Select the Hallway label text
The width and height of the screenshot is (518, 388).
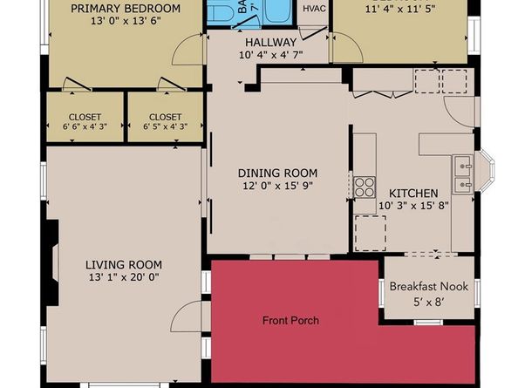point(269,41)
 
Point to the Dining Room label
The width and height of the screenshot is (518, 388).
point(277,173)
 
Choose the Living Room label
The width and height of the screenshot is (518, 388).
point(123,265)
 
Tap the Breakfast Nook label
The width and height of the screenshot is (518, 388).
point(429,286)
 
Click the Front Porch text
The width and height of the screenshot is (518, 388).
point(290,321)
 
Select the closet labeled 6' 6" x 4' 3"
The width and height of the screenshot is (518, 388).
point(85,122)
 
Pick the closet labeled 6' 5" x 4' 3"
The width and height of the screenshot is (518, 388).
point(165,122)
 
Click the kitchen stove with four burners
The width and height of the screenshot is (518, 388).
point(364,187)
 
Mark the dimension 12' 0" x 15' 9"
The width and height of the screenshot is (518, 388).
point(278,186)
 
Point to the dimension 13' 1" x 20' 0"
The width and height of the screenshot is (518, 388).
point(123,278)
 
